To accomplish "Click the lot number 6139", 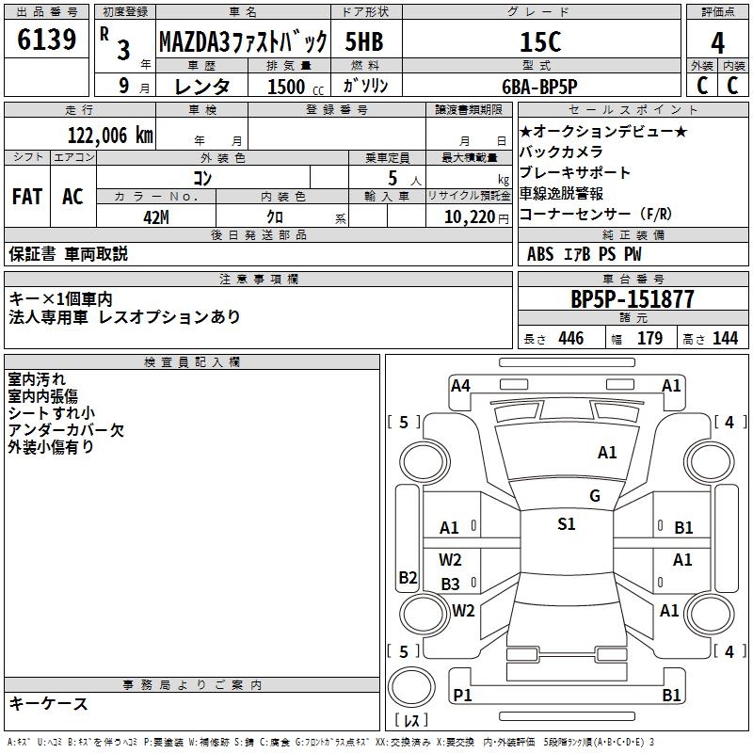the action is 47,40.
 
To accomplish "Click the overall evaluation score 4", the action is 718,42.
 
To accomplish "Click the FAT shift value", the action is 27,197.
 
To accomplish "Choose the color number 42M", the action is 155,216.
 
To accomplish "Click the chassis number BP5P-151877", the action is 633,299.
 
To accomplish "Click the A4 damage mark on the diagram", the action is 460,385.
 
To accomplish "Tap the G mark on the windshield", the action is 595,495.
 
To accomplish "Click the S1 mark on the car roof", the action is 567,524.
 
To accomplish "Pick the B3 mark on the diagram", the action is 451,584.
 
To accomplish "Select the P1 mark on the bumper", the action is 462,695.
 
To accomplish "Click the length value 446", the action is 570,339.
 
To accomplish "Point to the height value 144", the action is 725,339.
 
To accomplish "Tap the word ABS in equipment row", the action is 540,253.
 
